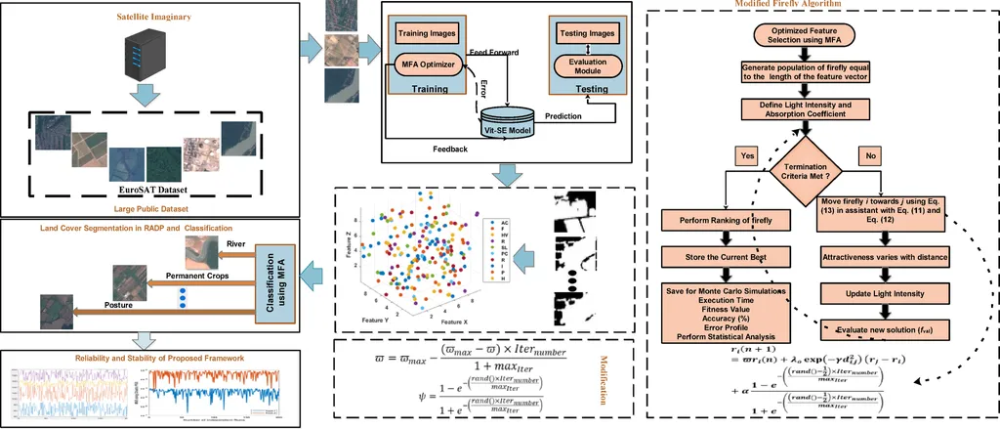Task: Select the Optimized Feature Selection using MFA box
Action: pos(803,37)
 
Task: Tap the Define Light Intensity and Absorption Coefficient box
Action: pos(803,108)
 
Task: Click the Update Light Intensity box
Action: pos(883,293)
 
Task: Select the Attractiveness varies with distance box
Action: pos(883,256)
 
